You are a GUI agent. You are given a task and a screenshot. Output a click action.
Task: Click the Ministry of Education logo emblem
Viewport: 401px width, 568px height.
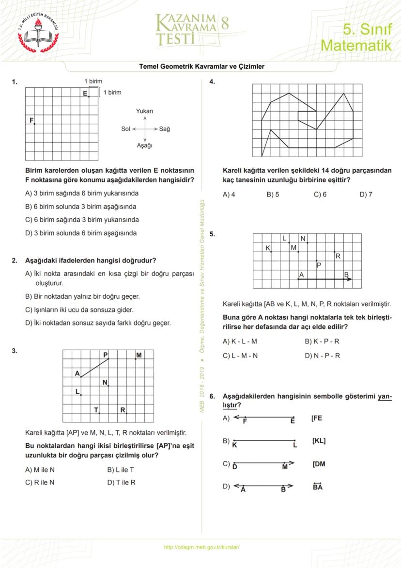pyautogui.click(x=38, y=32)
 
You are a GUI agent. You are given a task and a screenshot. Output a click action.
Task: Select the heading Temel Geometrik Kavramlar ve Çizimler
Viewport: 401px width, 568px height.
pyautogui.click(x=201, y=66)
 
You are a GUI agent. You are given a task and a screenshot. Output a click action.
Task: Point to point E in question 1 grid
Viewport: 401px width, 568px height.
pyautogui.click(x=89, y=96)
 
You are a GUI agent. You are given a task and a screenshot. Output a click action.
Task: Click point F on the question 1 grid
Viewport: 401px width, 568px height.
pyautogui.click(x=34, y=124)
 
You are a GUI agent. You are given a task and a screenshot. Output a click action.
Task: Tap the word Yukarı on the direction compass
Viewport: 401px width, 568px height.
pyautogui.click(x=145, y=112)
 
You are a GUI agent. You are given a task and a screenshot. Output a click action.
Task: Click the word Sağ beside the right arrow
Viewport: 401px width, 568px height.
pyautogui.click(x=165, y=129)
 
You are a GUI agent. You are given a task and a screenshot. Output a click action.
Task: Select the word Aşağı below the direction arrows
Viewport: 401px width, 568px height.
pyautogui.click(x=145, y=146)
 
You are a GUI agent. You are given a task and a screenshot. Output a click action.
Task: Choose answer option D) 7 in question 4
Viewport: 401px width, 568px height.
pyautogui.click(x=366, y=195)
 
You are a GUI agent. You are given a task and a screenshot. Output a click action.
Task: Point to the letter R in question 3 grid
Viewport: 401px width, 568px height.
pyautogui.click(x=123, y=410)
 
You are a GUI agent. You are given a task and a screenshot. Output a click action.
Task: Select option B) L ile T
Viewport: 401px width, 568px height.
pyautogui.click(x=120, y=470)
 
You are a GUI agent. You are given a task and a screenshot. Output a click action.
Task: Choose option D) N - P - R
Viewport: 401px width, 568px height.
pyautogui.click(x=322, y=356)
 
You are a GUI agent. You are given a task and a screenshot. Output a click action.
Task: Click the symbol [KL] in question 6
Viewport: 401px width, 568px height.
pyautogui.click(x=319, y=441)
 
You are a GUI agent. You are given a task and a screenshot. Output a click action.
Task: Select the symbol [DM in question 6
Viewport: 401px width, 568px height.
pyautogui.click(x=319, y=464)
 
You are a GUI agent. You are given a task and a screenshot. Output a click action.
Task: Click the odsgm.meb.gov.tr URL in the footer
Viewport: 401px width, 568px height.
pyautogui.click(x=202, y=547)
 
